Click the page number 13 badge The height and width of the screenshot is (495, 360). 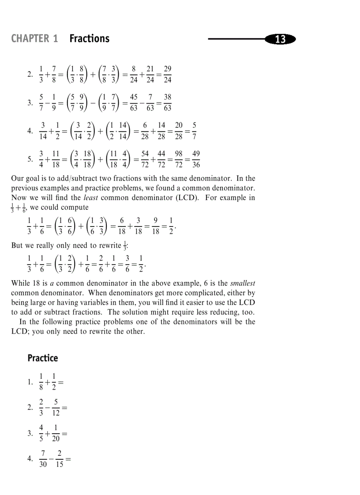pyautogui.click(x=280, y=39)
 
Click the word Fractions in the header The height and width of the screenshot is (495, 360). pyautogui.click(x=89, y=39)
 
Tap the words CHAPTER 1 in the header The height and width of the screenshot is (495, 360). pyautogui.click(x=34, y=39)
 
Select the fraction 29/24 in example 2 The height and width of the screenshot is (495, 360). pyautogui.click(x=167, y=74)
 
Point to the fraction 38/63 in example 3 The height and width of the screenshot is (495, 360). pyautogui.click(x=167, y=102)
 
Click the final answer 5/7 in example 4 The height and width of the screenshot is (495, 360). pyautogui.click(x=195, y=130)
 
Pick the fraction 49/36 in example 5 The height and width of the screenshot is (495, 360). pyautogui.click(x=196, y=159)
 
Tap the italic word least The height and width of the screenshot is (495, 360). pyautogui.click(x=90, y=197)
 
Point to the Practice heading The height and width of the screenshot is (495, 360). pyautogui.click(x=43, y=358)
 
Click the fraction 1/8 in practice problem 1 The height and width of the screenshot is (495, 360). pyautogui.click(x=41, y=382)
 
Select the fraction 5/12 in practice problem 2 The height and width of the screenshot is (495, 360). pyautogui.click(x=56, y=407)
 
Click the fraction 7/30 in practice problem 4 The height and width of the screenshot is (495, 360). pyautogui.click(x=43, y=458)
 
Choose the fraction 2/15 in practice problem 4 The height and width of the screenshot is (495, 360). pyautogui.click(x=59, y=458)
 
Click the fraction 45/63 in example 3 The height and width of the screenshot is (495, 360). pyautogui.click(x=134, y=102)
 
